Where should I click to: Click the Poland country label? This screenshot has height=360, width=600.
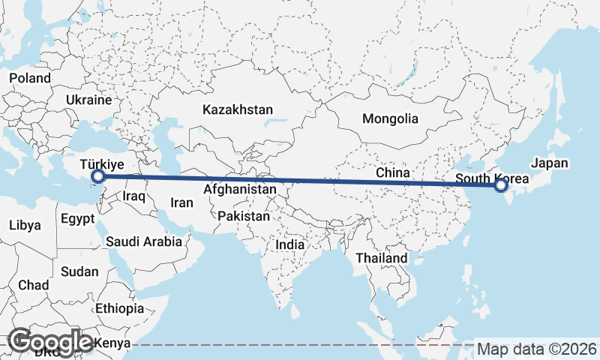pyautogui.click(x=30, y=78)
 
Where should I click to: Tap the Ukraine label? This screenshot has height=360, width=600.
pyautogui.click(x=88, y=100)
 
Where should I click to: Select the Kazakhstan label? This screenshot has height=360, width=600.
pyautogui.click(x=237, y=109)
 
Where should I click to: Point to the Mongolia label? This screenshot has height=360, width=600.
pyautogui.click(x=390, y=118)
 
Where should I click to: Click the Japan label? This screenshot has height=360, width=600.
pyautogui.click(x=550, y=163)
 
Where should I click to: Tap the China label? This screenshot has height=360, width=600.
pyautogui.click(x=393, y=172)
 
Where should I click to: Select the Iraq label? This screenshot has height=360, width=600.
pyautogui.click(x=133, y=196)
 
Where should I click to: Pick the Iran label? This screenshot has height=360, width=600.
pyautogui.click(x=181, y=202)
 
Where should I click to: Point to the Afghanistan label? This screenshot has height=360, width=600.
pyautogui.click(x=240, y=190)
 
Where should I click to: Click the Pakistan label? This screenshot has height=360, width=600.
pyautogui.click(x=244, y=216)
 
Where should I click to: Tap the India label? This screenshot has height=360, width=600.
pyautogui.click(x=290, y=244)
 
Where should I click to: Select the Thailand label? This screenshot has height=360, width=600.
pyautogui.click(x=382, y=258)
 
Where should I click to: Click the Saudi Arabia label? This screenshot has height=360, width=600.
pyautogui.click(x=144, y=241)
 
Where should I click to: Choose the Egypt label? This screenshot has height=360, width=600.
pyautogui.click(x=77, y=220)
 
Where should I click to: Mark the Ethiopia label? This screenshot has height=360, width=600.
pyautogui.click(x=120, y=308)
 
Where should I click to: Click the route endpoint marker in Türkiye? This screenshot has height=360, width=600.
pyautogui.click(x=97, y=177)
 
